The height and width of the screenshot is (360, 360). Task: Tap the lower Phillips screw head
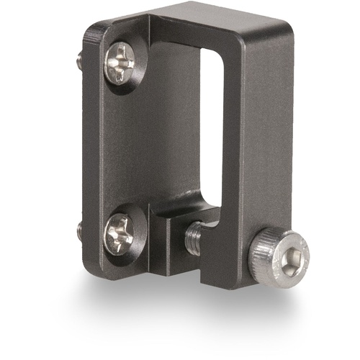(x=120, y=232)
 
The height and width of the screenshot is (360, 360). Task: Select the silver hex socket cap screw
(x=279, y=256)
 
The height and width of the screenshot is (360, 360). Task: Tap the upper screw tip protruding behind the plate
(x=78, y=60)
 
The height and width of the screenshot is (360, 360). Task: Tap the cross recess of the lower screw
(x=120, y=232)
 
